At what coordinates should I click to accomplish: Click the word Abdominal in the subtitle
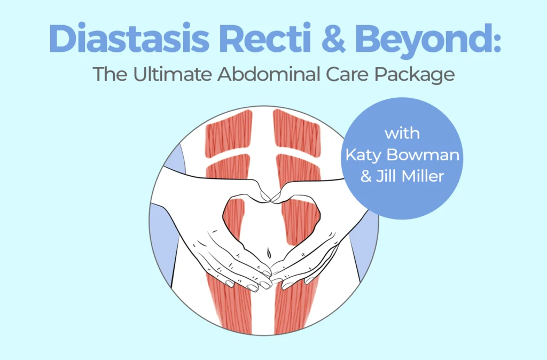click(268, 74)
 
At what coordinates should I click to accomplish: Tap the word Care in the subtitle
click(347, 74)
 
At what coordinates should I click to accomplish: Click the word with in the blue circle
click(402, 133)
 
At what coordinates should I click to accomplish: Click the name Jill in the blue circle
click(386, 176)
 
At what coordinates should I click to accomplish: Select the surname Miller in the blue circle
click(423, 176)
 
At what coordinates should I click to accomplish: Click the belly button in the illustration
click(268, 253)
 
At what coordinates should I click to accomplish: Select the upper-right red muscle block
click(297, 133)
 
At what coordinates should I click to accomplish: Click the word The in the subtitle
click(110, 74)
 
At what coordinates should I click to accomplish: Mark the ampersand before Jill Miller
click(366, 176)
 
